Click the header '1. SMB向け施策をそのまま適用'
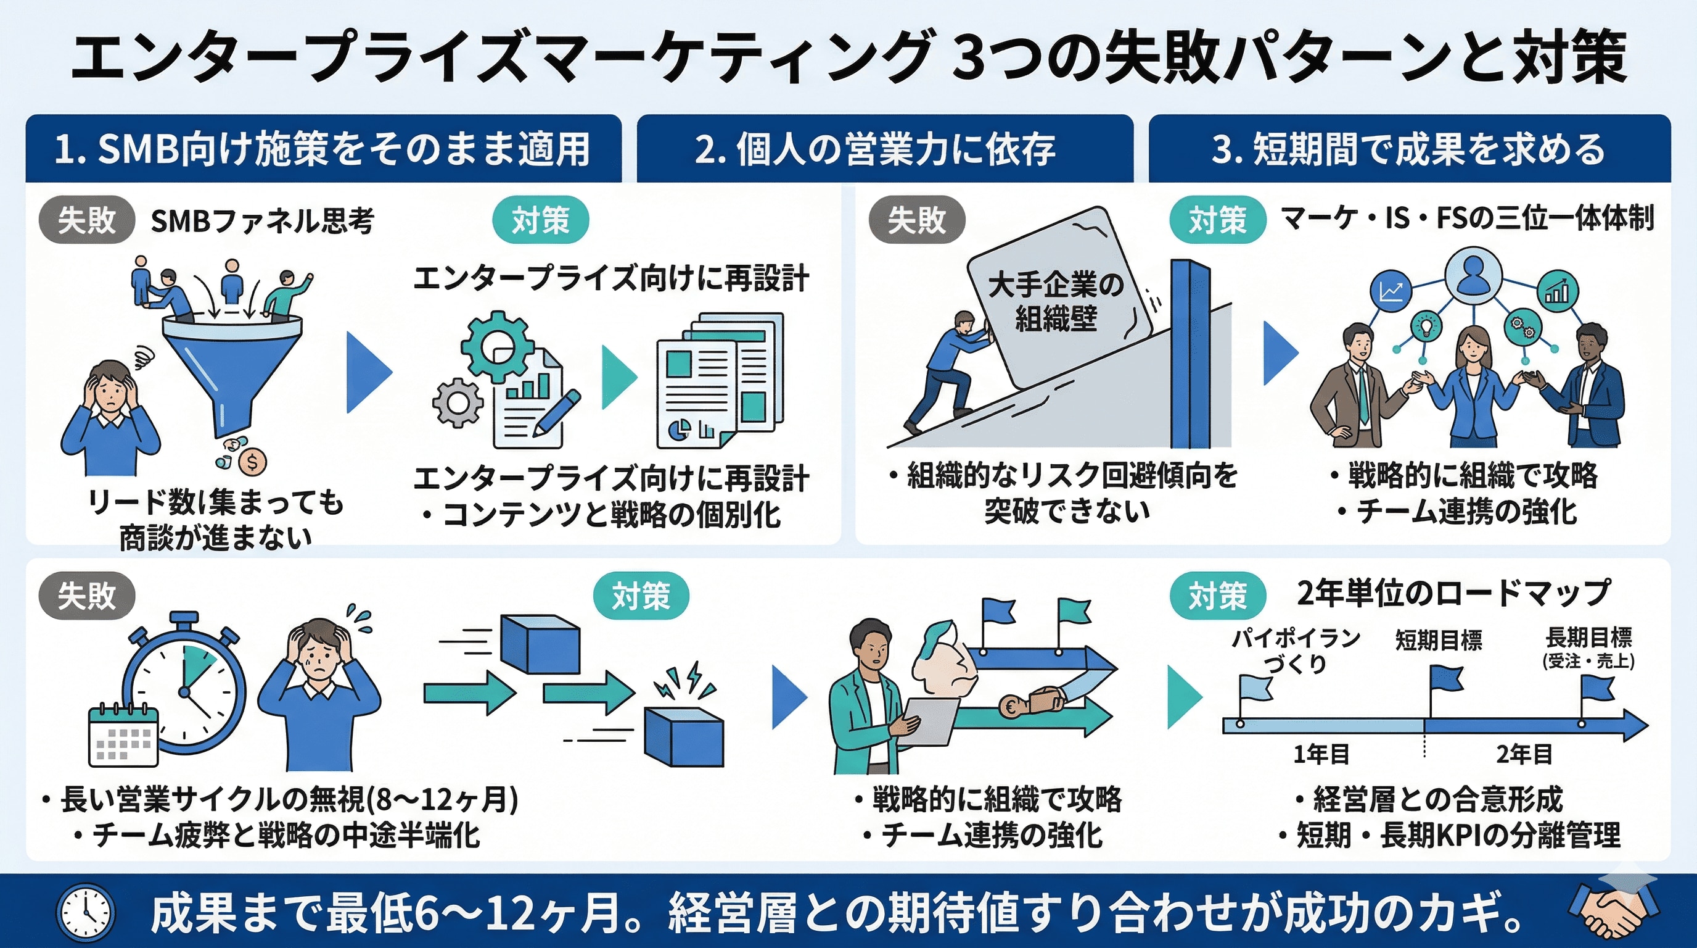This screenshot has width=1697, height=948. tap(322, 148)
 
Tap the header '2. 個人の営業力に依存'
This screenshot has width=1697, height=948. tap(876, 148)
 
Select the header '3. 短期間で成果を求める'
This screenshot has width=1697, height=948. tap(1408, 148)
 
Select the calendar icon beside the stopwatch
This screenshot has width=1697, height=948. tap(123, 735)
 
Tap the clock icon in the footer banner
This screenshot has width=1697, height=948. tap(86, 912)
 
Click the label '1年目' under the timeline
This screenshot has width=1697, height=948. tap(1321, 754)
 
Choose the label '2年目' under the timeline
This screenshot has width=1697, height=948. tap(1524, 754)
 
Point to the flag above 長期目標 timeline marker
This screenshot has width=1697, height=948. tap(1597, 689)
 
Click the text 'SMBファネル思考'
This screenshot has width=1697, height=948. tap(262, 220)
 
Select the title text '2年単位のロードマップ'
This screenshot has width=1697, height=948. tap(1453, 592)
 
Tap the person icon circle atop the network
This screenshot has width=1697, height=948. tap(1473, 275)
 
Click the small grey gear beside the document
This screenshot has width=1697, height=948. tap(458, 402)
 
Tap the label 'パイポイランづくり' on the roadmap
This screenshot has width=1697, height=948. tap(1296, 649)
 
